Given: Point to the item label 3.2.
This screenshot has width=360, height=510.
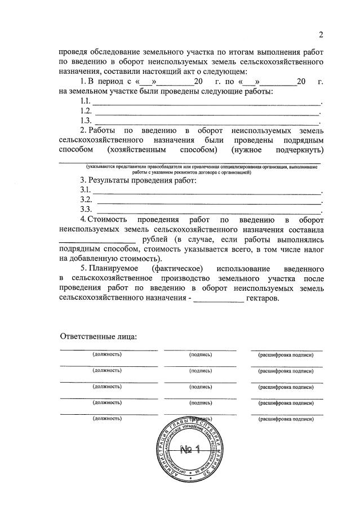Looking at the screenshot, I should tap(86, 199).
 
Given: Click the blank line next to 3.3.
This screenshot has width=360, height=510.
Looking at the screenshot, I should tap(208, 212).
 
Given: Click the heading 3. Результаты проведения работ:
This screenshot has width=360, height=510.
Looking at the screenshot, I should tap(139, 180).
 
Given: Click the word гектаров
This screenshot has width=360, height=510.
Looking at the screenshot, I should tap(261, 299).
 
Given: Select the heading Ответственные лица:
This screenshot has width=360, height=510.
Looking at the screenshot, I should tap(99, 336).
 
